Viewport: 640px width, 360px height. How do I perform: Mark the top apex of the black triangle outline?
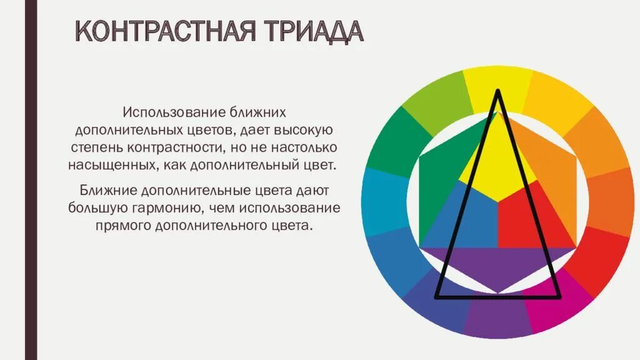(498, 91)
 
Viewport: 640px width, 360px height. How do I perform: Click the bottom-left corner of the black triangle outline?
(436, 296)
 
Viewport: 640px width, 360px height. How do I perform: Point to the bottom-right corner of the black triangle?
(560, 296)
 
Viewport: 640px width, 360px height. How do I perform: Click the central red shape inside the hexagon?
(525, 219)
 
